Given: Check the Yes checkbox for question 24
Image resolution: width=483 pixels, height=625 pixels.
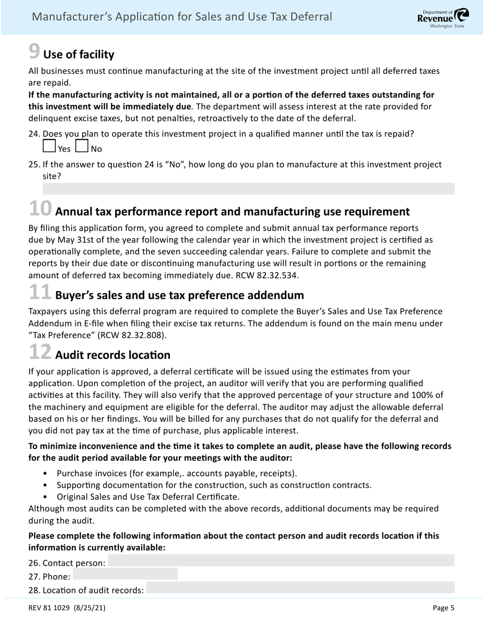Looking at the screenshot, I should pos(49,146).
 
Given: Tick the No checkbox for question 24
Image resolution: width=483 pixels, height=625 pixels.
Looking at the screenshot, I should pos(82,146).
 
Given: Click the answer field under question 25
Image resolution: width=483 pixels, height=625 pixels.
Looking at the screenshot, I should pos(248,189).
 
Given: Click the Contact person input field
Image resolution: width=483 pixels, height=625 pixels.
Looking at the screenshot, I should pos(281,560).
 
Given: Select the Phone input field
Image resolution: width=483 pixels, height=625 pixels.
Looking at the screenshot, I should pos(125,574).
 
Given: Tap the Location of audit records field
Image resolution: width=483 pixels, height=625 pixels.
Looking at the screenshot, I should pos(300,588).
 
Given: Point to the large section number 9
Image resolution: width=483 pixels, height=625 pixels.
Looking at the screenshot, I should pos(34,51).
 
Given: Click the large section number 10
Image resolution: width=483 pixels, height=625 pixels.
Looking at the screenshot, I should pos(40,209).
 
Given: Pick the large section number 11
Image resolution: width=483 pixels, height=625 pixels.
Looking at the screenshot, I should pos(40,293).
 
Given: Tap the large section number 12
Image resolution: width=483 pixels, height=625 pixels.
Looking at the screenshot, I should pos(40,352).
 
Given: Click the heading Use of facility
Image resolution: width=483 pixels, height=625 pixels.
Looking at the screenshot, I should pos(79,54).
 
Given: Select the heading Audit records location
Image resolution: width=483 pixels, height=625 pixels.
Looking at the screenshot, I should pos(112,355).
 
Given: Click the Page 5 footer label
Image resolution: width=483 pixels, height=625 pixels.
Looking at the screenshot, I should pos(443,607).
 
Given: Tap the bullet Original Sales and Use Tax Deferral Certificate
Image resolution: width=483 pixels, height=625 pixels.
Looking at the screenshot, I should pos(148,496).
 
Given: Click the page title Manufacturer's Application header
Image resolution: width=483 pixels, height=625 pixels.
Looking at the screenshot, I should pos(182,17).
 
